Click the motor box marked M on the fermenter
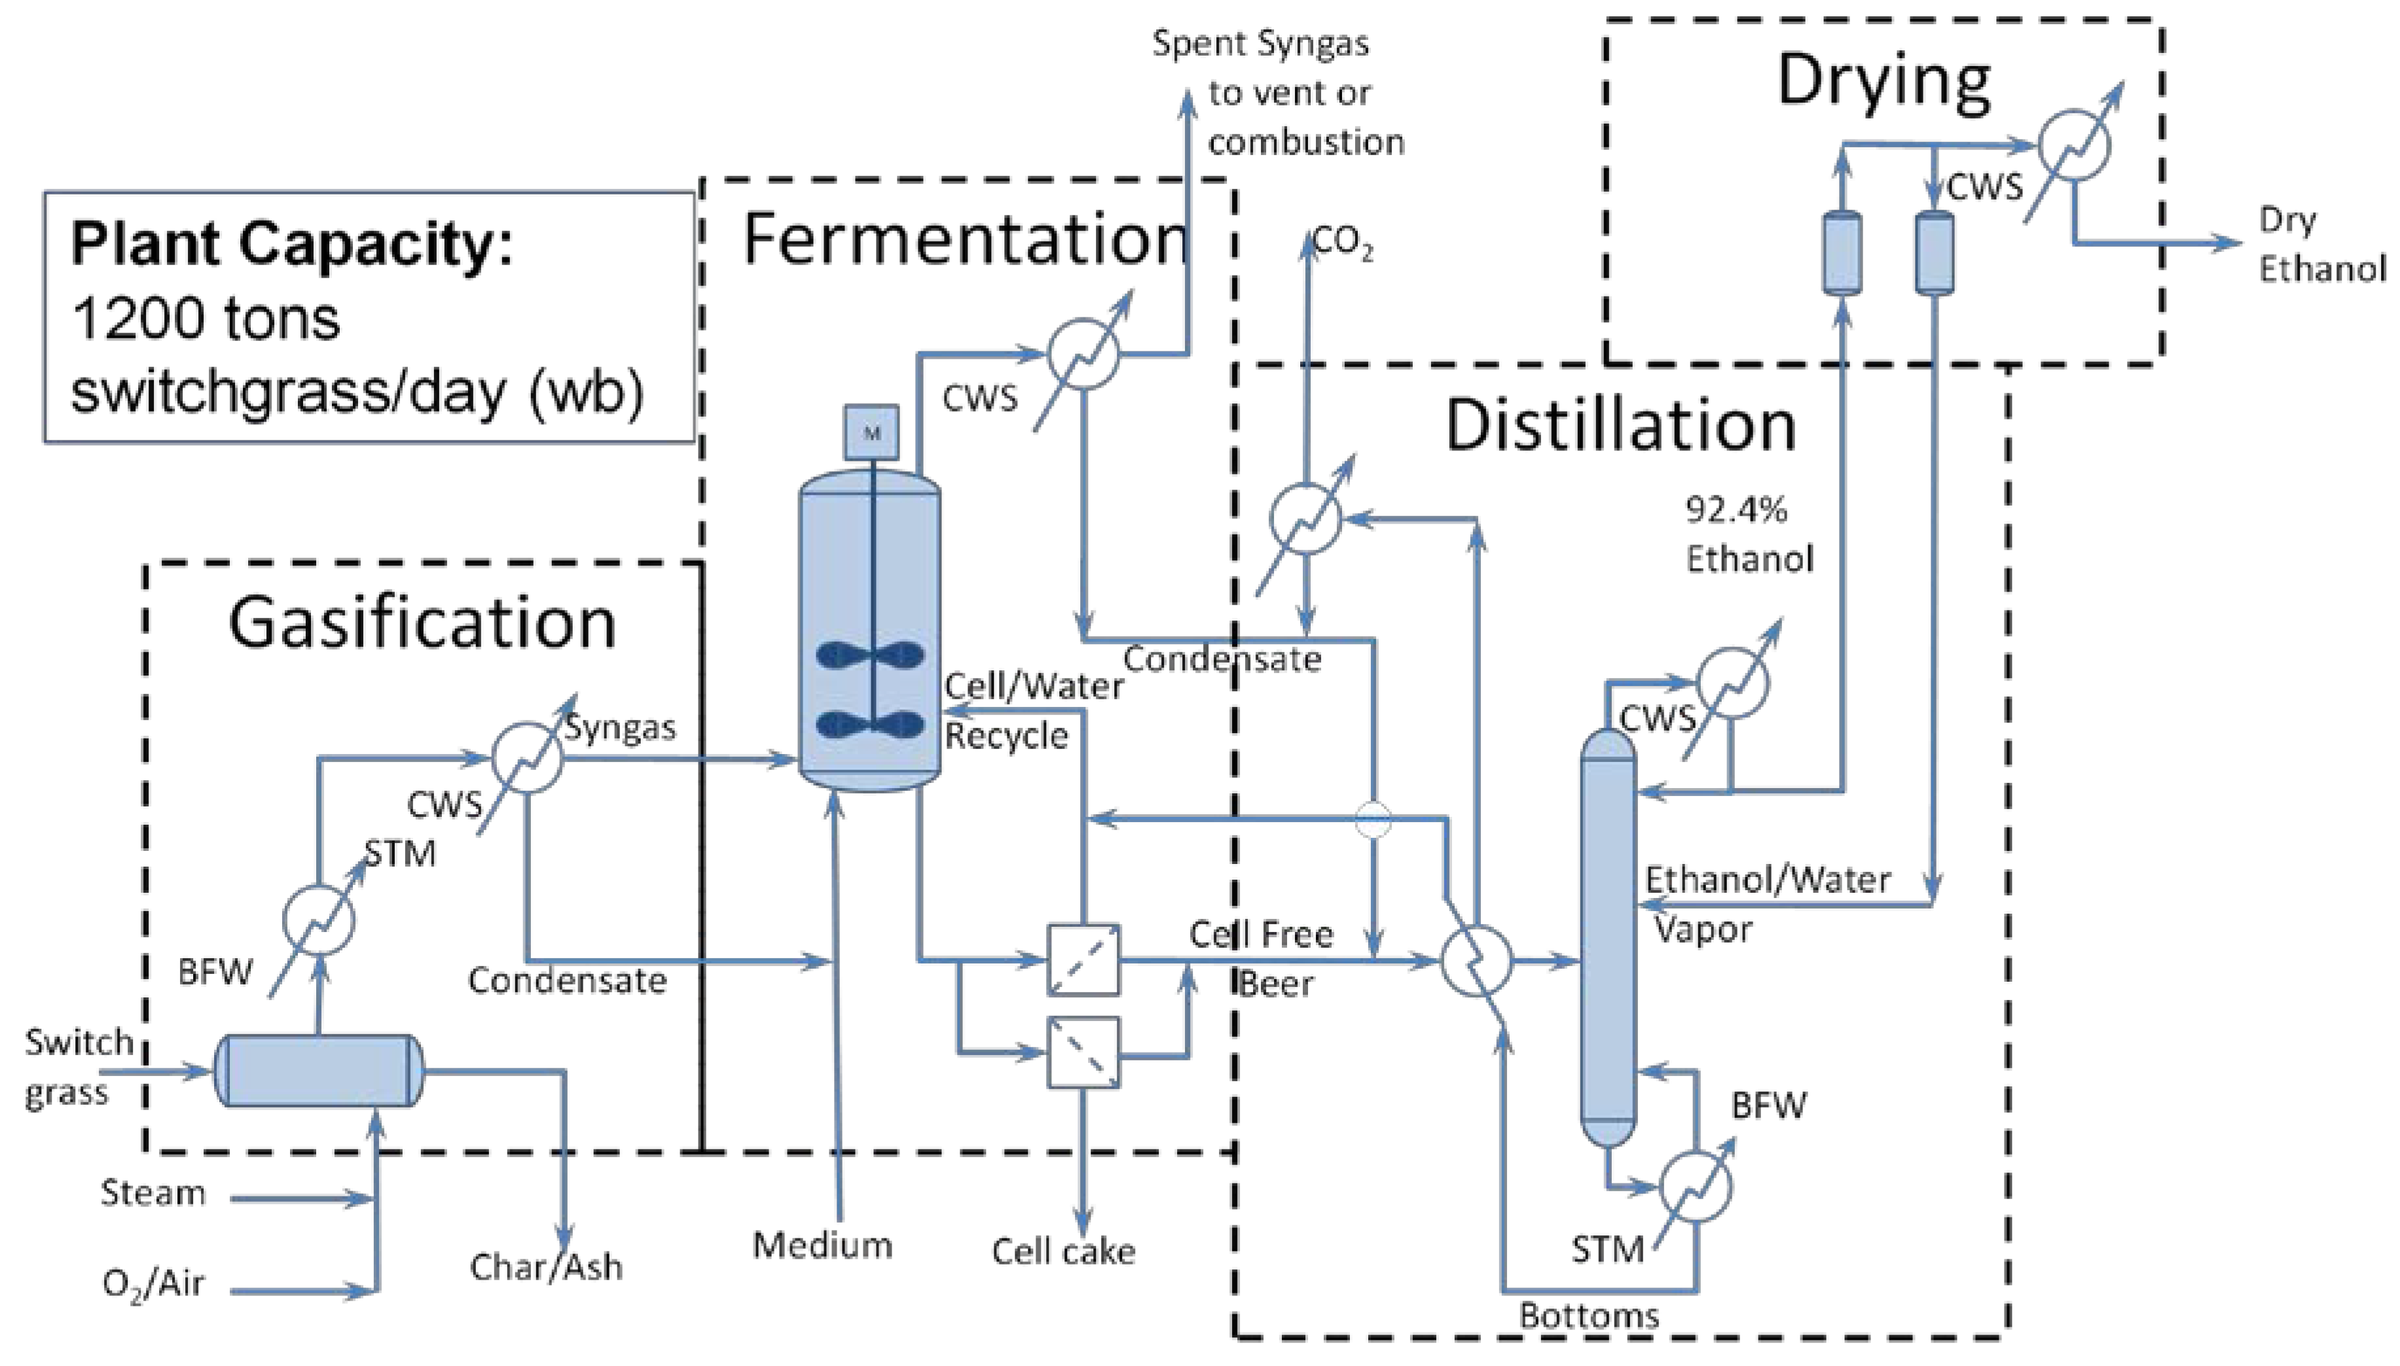point(871,433)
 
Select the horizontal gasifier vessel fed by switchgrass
point(319,1070)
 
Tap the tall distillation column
point(1607,938)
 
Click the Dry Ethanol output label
point(2320,245)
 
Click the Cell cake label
point(1063,1251)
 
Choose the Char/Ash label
point(545,1267)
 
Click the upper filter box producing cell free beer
point(1083,960)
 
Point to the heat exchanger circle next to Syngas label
point(527,758)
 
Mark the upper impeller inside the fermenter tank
point(870,655)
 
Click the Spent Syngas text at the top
point(1260,44)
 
